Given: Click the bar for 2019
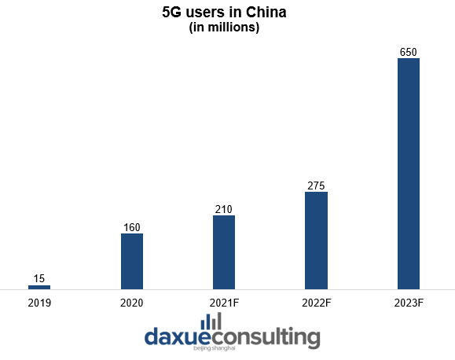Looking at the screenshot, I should tap(39, 287).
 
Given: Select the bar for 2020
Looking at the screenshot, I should tap(132, 261).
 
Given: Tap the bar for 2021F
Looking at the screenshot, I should tap(224, 252).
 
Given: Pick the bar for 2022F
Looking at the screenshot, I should tap(316, 241).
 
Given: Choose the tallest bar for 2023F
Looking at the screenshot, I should tap(409, 174).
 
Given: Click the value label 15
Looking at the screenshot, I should tap(39, 278).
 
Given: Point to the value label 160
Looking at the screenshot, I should tap(132, 227).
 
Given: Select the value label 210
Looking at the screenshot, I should tap(224, 209).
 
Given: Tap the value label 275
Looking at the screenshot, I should tap(316, 186).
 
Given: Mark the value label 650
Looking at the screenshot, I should tap(409, 52).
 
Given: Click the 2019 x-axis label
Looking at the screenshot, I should tap(39, 302).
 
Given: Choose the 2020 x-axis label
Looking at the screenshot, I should tap(132, 302).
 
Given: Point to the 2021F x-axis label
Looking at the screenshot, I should tap(224, 302).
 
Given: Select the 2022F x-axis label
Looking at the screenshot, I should tap(316, 302).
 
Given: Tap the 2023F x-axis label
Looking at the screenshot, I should tap(409, 302).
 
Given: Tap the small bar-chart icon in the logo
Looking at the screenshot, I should tap(211, 321).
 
